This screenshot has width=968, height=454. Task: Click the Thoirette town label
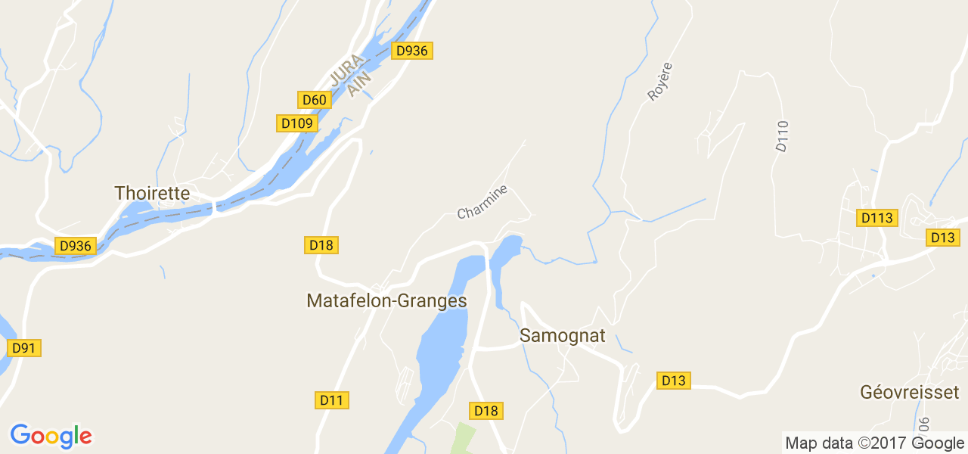pos(151,193)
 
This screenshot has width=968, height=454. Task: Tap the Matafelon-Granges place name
pos(386,300)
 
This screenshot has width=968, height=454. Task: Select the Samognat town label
pos(563,335)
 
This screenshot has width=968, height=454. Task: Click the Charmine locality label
pos(482,202)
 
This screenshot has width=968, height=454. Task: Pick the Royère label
pos(659,82)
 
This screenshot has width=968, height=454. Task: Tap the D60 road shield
pos(313,100)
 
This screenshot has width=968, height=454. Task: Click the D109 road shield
pos(296,123)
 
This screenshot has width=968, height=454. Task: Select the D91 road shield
pos(24,348)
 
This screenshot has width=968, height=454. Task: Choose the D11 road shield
pos(331,400)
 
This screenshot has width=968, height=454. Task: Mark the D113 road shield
pos(877,218)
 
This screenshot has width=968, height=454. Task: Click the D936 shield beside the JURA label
pos(412,51)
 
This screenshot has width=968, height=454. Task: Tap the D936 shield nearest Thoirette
pos(75,246)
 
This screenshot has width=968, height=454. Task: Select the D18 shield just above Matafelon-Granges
pos(321,244)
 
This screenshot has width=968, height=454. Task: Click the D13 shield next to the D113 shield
pos(943,238)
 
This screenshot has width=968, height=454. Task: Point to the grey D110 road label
pos(782,136)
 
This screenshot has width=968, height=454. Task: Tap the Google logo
pos(51,437)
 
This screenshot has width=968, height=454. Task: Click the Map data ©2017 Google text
pos(874,443)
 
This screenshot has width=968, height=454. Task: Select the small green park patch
pos(464,439)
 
